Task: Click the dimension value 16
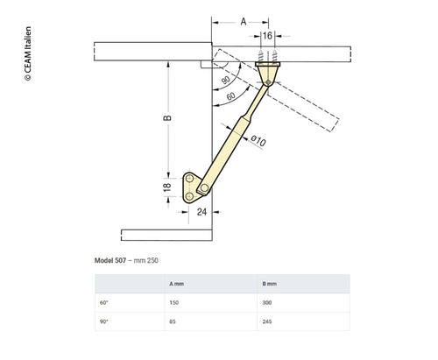pos(265,37)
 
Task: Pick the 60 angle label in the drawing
pos(231,96)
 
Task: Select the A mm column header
pos(175,284)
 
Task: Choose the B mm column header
pos(269,284)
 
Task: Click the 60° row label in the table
pos(104,302)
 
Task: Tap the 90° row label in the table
pos(104,321)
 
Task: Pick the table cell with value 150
pos(173,302)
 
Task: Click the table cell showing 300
pos(267,302)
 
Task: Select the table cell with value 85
pos(172,321)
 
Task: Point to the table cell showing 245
pos(267,321)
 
